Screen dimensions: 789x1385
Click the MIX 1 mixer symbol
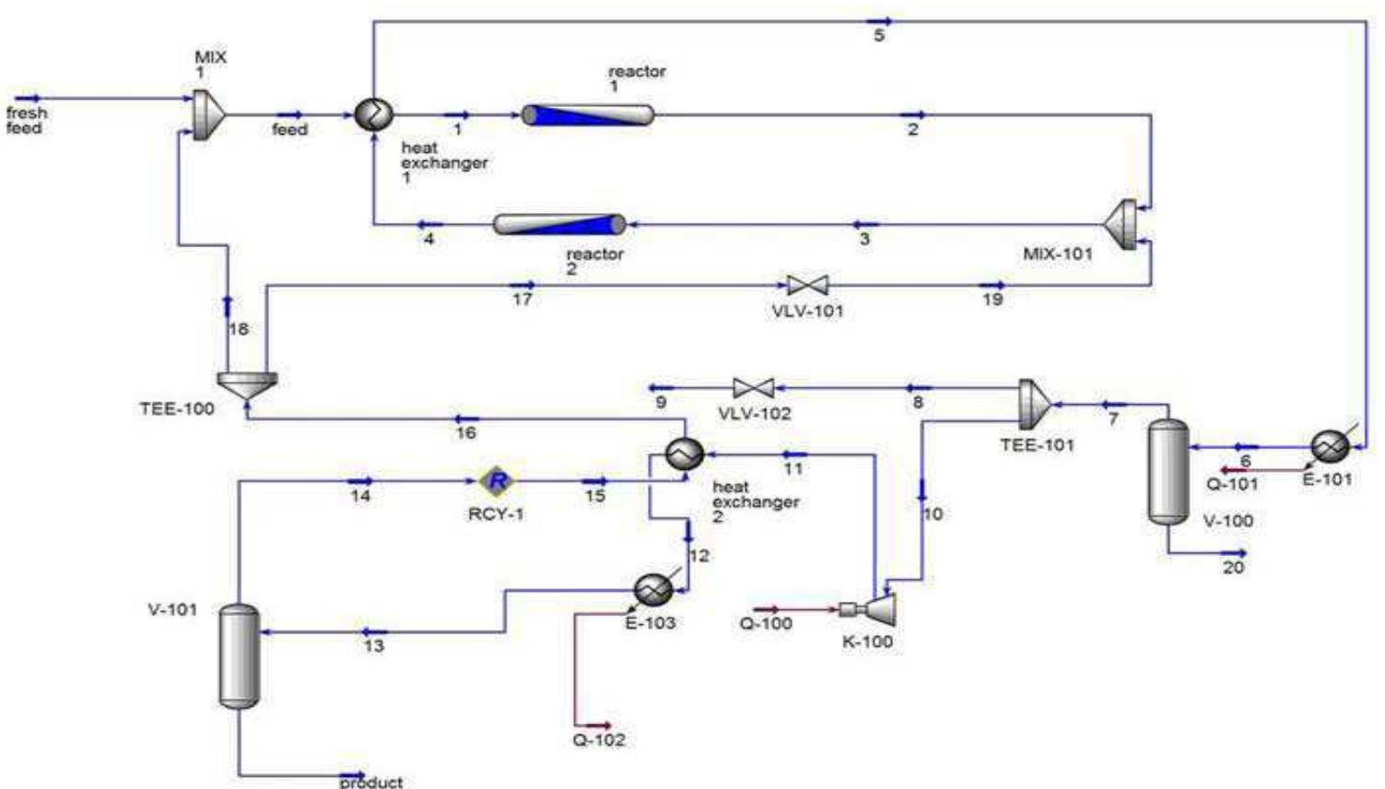(208, 115)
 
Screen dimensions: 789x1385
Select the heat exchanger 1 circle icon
(374, 114)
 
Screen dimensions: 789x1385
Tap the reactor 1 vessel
(588, 115)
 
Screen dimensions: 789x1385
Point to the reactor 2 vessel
(559, 224)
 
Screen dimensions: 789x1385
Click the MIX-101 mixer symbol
(1121, 224)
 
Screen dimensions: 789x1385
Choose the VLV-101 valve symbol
(807, 286)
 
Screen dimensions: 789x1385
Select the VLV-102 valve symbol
(753, 388)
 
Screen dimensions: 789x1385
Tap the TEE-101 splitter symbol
(1035, 404)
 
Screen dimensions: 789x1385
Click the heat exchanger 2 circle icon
(685, 453)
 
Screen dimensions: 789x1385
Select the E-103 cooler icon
(653, 589)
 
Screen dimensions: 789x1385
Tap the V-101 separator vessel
(240, 655)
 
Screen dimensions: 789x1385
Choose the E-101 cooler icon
(1330, 447)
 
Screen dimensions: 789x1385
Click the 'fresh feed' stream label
(26, 121)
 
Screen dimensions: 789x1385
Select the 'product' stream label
(370, 782)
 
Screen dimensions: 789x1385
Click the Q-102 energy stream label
(599, 739)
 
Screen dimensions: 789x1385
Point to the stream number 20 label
(1233, 568)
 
